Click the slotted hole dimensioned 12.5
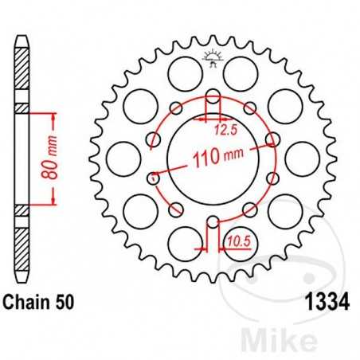(213, 104)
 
